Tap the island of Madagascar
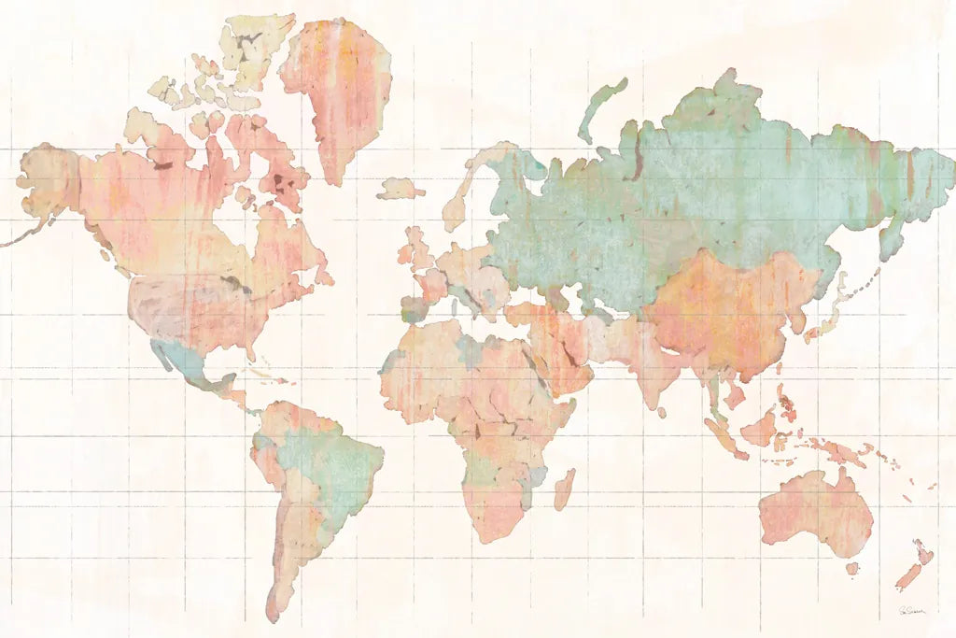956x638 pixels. point(564,489)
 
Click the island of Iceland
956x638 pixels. point(401,188)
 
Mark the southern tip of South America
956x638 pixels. point(273,612)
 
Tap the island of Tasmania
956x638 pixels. point(851,567)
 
